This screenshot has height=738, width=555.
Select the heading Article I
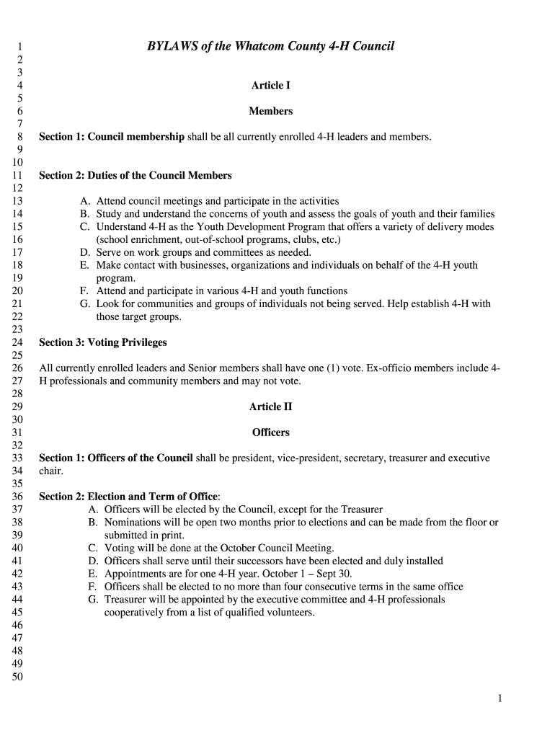coord(270,85)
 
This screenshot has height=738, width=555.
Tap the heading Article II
coord(270,406)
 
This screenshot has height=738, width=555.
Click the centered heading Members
coord(270,111)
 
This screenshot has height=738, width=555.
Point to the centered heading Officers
coord(270,432)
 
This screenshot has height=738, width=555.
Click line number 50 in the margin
coord(18,677)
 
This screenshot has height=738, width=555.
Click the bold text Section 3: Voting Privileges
coord(102,342)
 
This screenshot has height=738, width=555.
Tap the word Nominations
coord(134,523)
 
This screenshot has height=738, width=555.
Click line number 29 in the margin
coord(18,406)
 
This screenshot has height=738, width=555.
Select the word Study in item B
coord(110,214)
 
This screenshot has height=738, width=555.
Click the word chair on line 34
coord(50,471)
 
